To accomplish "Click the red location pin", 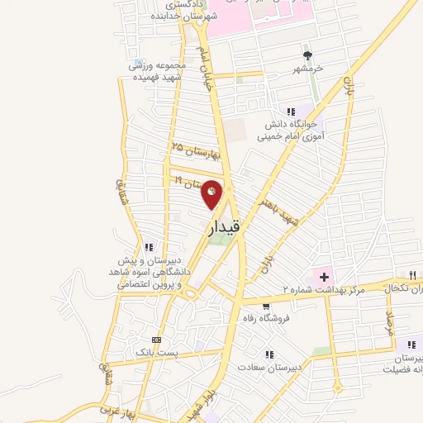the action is [212, 193].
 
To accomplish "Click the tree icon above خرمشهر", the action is [308, 56].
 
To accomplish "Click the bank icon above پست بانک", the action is [156, 340].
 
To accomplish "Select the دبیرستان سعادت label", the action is [270, 366].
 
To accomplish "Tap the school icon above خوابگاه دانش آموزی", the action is [290, 112].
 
